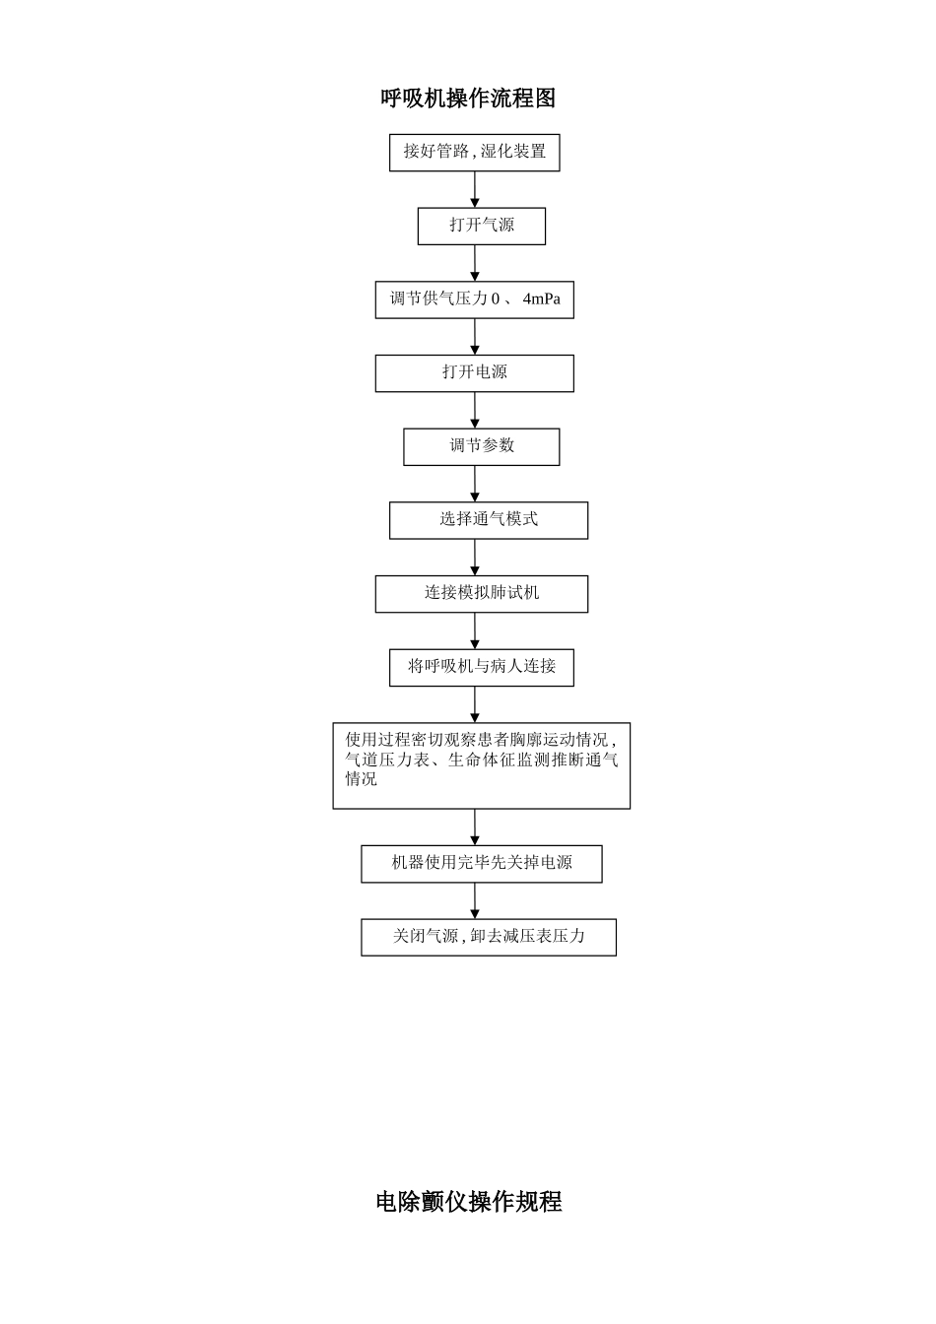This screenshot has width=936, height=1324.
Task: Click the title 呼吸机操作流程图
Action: (x=468, y=99)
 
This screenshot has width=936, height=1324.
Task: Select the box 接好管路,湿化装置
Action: (x=474, y=153)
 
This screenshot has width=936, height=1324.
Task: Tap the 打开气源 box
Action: (x=481, y=226)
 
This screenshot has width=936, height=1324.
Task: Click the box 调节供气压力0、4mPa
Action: (x=474, y=299)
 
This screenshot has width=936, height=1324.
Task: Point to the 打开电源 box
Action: (x=474, y=373)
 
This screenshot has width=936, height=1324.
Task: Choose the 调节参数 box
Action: (x=481, y=446)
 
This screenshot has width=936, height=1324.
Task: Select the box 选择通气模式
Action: (x=488, y=520)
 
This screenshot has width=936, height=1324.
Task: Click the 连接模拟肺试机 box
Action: (x=481, y=594)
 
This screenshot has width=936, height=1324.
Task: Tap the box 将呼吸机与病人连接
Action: (x=481, y=667)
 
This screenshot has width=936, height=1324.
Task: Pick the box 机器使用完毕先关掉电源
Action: (x=481, y=864)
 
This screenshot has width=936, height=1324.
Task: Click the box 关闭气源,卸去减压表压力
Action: (x=488, y=937)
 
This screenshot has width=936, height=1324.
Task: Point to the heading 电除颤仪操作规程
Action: (x=468, y=1202)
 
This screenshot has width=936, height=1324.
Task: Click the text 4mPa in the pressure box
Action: (x=541, y=298)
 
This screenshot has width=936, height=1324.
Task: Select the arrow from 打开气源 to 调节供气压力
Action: (x=475, y=263)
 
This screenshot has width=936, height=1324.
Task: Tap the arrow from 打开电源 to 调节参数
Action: (x=475, y=410)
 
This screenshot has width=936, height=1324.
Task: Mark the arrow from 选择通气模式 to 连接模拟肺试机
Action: (x=475, y=558)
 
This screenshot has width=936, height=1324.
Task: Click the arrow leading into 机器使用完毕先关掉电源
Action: (x=475, y=827)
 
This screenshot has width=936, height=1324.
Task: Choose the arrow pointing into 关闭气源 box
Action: (x=475, y=900)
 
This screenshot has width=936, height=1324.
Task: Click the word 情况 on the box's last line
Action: (x=361, y=779)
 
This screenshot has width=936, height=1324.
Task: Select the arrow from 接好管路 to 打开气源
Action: (x=475, y=189)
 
